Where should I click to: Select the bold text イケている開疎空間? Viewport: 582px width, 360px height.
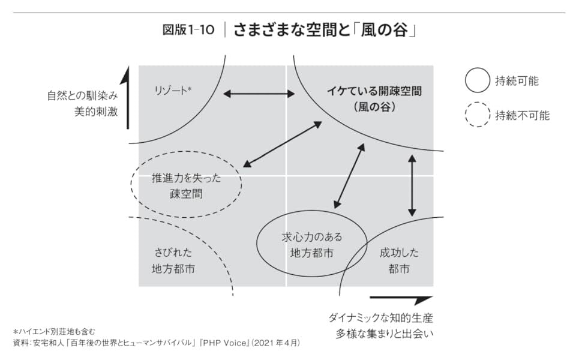374,92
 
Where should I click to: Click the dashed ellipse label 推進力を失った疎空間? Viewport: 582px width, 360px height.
187,187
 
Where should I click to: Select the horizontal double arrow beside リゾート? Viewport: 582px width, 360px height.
259,94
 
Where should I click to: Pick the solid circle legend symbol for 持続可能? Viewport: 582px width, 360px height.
478,80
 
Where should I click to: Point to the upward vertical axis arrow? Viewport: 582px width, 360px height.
127,99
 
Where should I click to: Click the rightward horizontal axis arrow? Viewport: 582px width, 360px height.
401,298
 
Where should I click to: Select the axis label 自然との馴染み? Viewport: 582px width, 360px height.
82,95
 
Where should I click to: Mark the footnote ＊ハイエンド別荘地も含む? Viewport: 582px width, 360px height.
54,331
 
